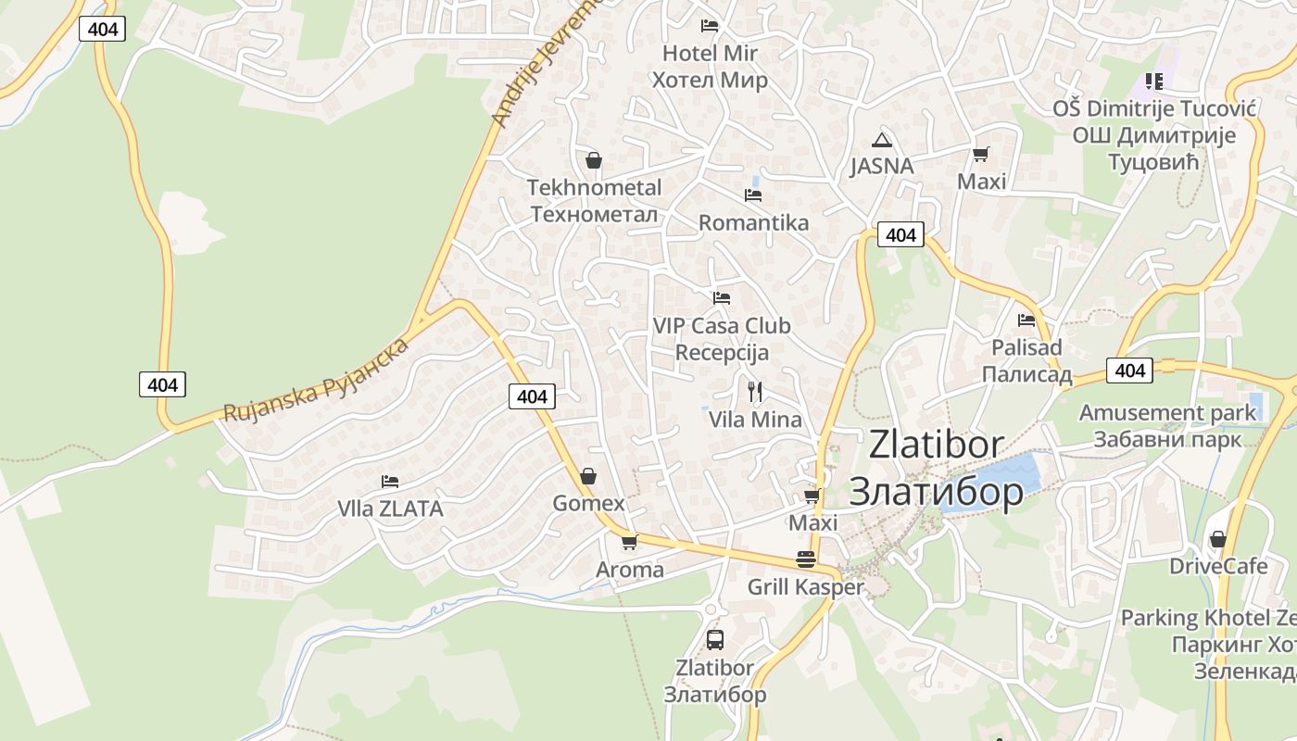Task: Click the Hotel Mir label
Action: point(710,67)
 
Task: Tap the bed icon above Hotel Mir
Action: point(710,26)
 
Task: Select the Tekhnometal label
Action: point(594,201)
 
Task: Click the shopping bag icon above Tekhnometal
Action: point(594,161)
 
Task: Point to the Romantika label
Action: point(753,222)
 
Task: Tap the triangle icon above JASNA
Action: point(882,140)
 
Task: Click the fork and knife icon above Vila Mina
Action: point(755,392)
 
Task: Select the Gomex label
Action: point(588,503)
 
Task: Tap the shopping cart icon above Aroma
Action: point(630,542)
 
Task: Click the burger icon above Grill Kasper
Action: point(805,559)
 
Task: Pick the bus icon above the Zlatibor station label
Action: point(715,639)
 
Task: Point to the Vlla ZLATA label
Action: point(390,509)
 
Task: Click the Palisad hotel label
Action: point(1026,361)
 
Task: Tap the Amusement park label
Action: point(1167,425)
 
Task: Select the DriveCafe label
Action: point(1218,566)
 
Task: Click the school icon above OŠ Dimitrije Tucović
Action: point(1153,82)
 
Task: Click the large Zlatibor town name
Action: point(936,468)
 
